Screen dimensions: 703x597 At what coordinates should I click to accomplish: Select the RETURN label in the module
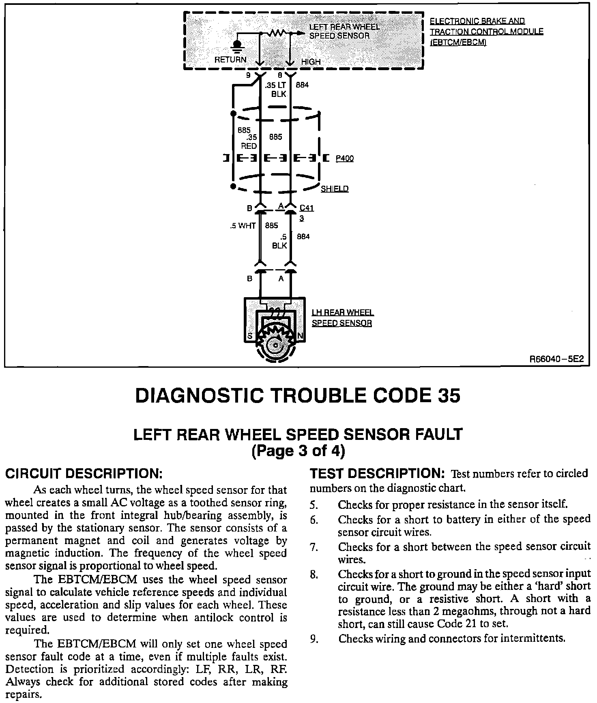tap(230, 60)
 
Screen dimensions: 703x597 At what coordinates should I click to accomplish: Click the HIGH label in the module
tap(311, 62)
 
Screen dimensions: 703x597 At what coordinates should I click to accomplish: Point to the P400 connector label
tap(344, 159)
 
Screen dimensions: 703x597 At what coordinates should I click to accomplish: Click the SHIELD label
tap(334, 189)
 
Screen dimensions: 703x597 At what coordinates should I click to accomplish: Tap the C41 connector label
tap(307, 208)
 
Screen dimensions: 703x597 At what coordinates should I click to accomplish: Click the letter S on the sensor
tap(250, 336)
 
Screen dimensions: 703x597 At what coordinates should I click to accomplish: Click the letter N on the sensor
tap(300, 336)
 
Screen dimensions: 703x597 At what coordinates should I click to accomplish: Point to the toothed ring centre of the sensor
tap(276, 345)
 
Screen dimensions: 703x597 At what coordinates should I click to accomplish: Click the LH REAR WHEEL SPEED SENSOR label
tap(342, 318)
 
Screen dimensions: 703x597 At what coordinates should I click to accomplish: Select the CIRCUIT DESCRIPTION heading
tap(84, 473)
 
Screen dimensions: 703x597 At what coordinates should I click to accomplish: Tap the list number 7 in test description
tap(313, 547)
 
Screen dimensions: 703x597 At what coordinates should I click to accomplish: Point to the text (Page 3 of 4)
tap(298, 451)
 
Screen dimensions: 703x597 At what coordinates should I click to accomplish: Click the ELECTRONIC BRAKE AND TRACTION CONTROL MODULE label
tap(486, 32)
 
